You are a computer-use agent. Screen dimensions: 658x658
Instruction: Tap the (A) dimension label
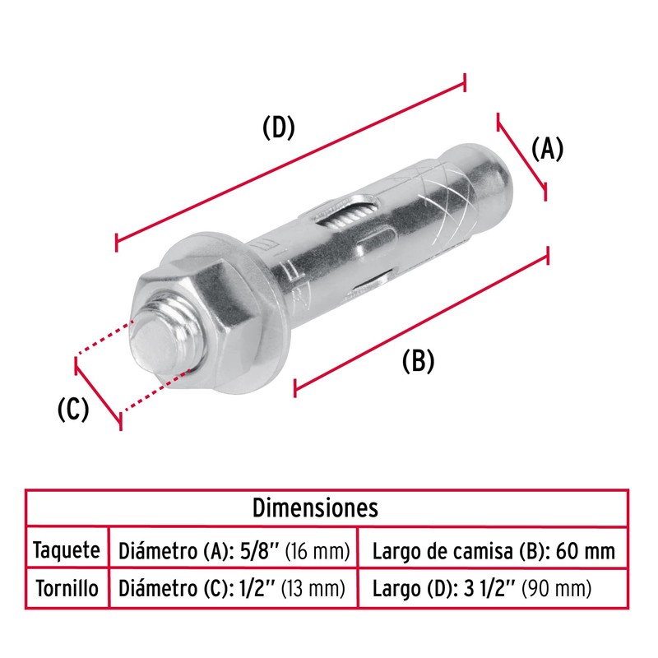pyautogui.click(x=546, y=149)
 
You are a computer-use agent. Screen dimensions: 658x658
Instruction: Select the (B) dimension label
pyautogui.click(x=418, y=360)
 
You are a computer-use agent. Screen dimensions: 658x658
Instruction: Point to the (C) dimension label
pyautogui.click(x=72, y=409)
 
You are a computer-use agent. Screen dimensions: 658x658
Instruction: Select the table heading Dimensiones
pyautogui.click(x=327, y=507)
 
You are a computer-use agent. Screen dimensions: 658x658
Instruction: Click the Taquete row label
pyautogui.click(x=67, y=549)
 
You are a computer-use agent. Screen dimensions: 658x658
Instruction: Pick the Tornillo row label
pyautogui.click(x=67, y=588)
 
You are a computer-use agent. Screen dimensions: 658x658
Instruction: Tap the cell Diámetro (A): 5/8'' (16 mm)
pyautogui.click(x=234, y=549)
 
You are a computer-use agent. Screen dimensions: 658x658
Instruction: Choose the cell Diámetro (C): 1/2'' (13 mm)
pyautogui.click(x=234, y=588)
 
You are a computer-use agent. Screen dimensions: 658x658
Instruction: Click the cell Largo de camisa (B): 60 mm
pyautogui.click(x=493, y=549)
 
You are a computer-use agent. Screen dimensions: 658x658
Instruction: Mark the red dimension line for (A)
pyautogui.click(x=522, y=155)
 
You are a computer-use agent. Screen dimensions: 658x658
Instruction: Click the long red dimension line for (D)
pyautogui.click(x=291, y=161)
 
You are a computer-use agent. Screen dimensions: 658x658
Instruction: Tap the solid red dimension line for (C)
pyautogui.click(x=98, y=392)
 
